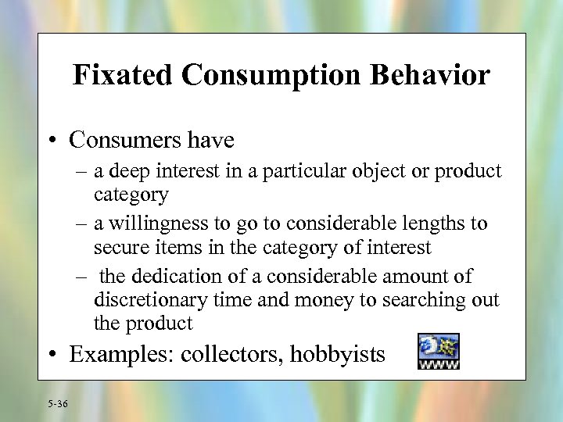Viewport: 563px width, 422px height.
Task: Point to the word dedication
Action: pos(175,276)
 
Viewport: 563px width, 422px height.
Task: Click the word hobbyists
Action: pos(338,355)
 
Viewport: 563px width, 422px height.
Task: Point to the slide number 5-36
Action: pos(57,404)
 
